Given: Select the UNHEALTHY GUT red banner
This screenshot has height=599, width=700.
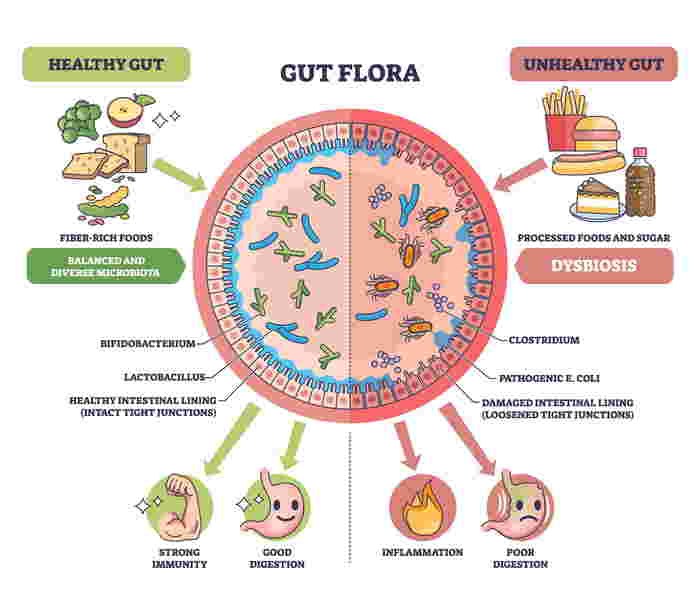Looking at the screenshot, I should (x=594, y=63).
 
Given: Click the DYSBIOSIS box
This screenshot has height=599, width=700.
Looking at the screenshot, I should (x=594, y=267).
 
